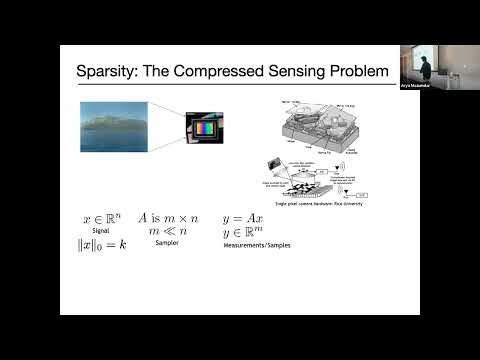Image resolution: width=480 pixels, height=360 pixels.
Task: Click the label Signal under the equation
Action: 99,229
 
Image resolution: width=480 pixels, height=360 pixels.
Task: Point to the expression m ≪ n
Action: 166,230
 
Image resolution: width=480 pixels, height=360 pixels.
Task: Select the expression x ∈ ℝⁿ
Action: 99,217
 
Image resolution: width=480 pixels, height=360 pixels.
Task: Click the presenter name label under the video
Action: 412,86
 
